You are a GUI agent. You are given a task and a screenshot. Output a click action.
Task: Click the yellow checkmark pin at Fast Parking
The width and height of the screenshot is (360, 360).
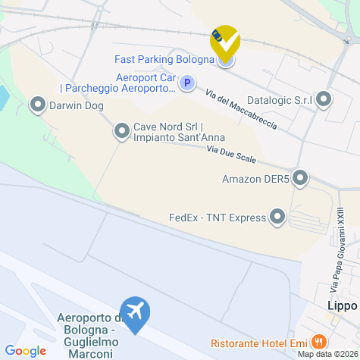(x=224, y=41)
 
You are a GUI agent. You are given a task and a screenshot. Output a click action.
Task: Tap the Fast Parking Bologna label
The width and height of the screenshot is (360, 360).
(x=164, y=59)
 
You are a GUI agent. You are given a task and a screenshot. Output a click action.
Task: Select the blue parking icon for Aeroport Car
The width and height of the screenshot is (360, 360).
(x=188, y=83)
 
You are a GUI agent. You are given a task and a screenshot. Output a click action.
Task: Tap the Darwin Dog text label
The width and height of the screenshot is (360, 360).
(x=77, y=106)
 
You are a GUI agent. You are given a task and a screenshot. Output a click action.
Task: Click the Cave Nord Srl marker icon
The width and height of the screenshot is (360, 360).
(x=121, y=132)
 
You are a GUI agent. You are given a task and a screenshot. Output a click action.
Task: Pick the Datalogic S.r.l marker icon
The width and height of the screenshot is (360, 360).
(x=324, y=99)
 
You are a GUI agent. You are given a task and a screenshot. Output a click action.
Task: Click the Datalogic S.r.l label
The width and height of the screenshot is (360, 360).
(x=280, y=99)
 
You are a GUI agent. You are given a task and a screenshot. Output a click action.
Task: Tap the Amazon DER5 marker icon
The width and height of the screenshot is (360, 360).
(x=301, y=179)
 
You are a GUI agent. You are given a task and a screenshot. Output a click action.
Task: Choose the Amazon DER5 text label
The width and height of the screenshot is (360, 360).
(x=255, y=180)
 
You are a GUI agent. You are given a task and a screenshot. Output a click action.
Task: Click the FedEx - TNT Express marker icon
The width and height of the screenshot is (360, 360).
(x=277, y=218)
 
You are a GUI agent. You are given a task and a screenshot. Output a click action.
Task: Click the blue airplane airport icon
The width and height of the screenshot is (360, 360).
(x=136, y=313)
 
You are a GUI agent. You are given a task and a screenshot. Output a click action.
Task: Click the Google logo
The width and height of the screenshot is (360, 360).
(x=25, y=350)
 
